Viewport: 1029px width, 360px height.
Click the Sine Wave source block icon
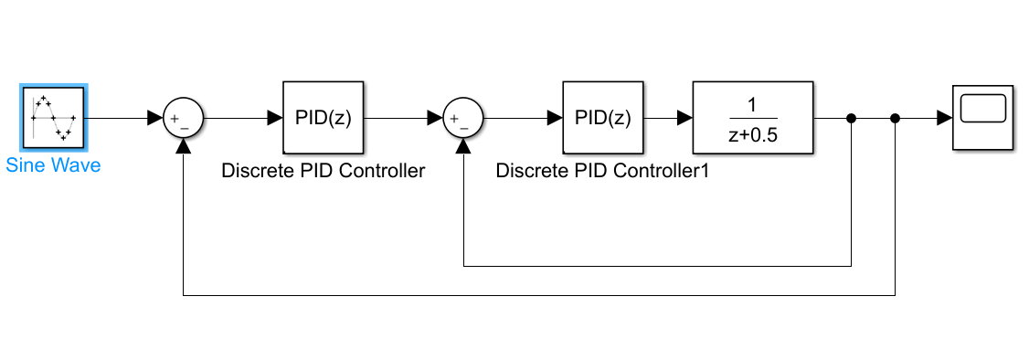point(54,117)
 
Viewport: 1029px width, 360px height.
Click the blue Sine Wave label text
point(53,165)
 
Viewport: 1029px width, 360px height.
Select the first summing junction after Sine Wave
point(184,118)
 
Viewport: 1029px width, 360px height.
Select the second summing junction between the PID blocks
point(464,118)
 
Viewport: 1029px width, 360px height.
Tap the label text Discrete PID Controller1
point(602,171)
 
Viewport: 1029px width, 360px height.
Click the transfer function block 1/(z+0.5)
point(753,118)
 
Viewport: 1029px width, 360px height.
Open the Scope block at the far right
point(983,118)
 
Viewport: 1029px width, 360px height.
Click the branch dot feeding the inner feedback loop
point(852,118)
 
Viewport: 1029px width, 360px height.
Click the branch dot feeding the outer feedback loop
point(895,118)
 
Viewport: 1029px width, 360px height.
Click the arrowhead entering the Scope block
point(945,118)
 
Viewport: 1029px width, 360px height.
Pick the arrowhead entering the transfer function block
point(684,118)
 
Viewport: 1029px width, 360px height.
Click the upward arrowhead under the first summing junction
point(184,146)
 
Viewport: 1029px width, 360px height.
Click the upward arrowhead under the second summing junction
point(464,146)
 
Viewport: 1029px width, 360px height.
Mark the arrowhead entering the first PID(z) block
point(274,118)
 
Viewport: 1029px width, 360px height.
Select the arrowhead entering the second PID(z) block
point(555,118)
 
